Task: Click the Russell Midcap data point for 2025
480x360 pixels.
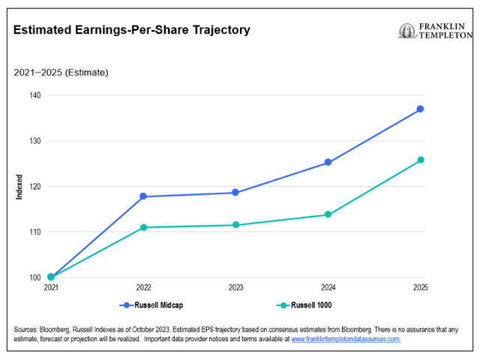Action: point(421,109)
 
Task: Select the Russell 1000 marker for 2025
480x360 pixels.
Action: point(421,160)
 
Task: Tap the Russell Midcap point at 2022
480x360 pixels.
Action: point(143,196)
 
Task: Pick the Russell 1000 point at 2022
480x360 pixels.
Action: point(143,227)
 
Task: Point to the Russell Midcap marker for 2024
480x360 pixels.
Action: point(328,162)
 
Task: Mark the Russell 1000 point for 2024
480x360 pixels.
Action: point(328,214)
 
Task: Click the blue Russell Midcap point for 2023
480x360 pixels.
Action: point(235,193)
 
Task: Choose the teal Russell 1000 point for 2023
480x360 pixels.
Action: point(235,225)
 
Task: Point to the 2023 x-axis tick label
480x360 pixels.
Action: point(235,288)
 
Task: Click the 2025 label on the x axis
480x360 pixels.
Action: point(420,288)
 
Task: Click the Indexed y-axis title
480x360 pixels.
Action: point(19,187)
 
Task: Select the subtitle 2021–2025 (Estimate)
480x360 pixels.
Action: point(61,73)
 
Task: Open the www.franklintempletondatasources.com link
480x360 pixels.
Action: point(346,339)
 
